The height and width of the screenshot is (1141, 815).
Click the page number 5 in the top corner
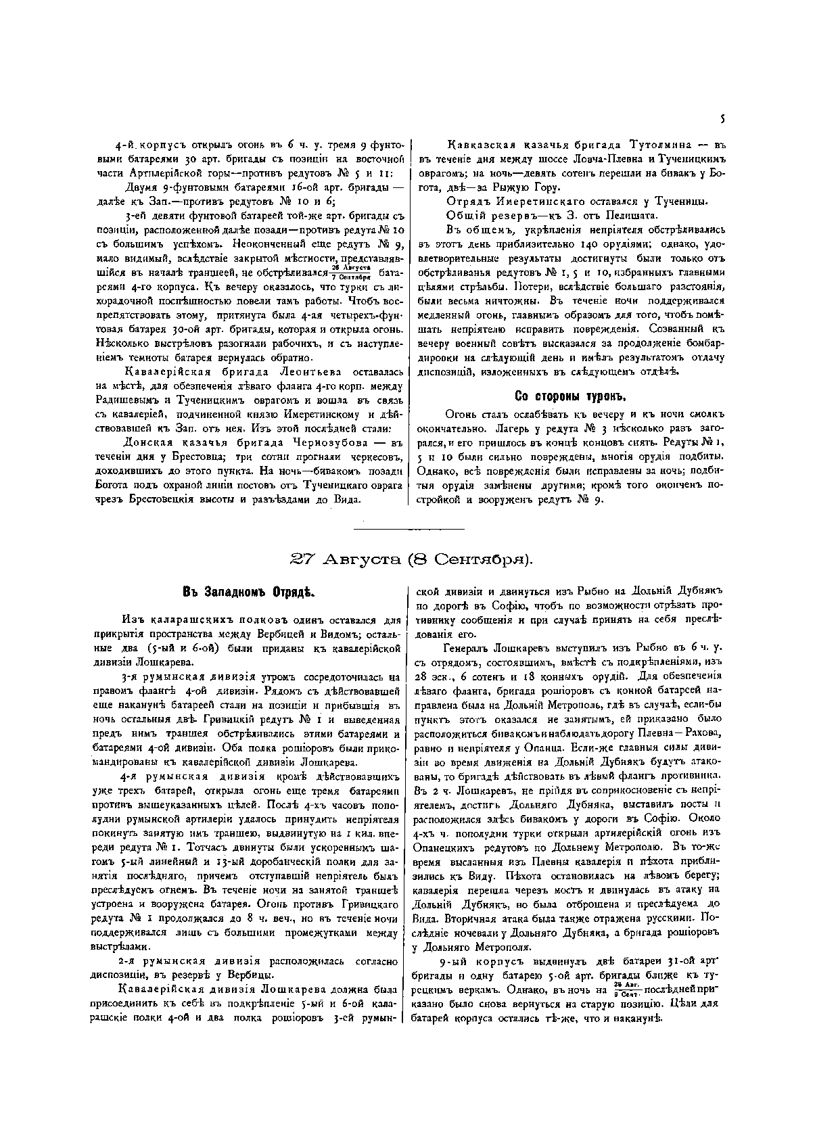coord(722,119)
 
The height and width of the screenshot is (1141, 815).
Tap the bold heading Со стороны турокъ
coord(565,396)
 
